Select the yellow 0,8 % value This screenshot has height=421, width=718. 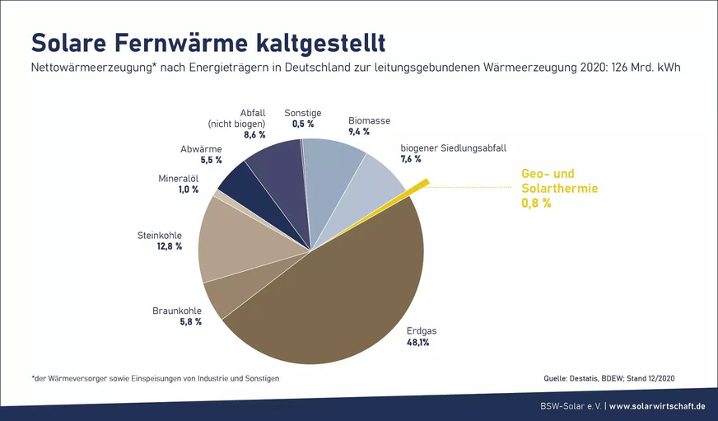(536, 203)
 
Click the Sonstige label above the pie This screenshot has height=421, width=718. (302, 113)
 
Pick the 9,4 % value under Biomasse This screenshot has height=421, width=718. (359, 131)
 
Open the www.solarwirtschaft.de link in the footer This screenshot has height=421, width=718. (657, 405)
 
